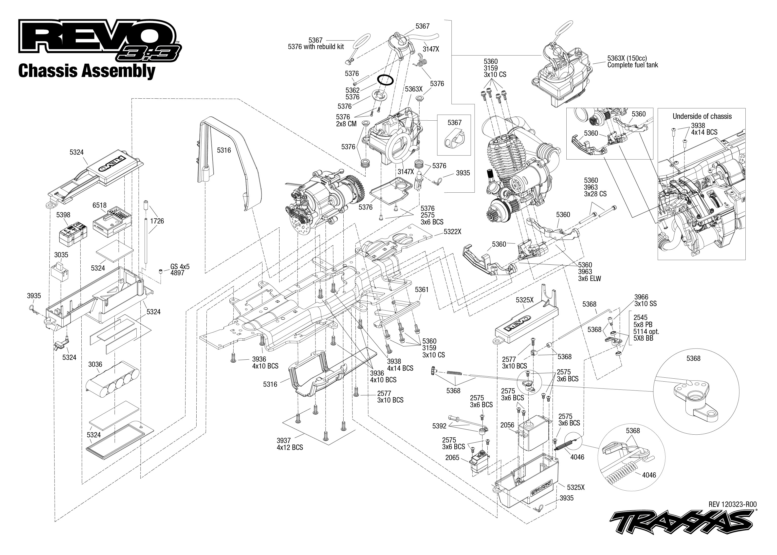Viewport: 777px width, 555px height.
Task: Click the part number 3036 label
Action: [95, 364]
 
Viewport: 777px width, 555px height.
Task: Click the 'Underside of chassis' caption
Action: [702, 116]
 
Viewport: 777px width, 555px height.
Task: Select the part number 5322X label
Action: [452, 232]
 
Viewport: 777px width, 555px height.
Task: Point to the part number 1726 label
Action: [157, 221]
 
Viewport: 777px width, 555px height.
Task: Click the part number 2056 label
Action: [507, 425]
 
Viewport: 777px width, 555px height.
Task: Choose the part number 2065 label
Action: [452, 457]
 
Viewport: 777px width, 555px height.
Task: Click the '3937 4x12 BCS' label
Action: [290, 444]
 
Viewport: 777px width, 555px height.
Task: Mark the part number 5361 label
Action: [422, 289]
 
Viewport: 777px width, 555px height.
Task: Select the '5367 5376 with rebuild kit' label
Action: [316, 43]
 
